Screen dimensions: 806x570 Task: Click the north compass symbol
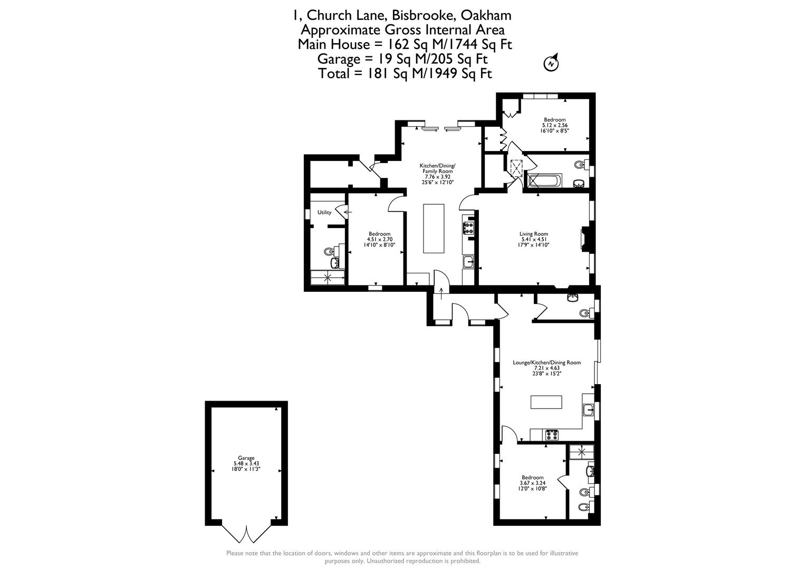(x=551, y=63)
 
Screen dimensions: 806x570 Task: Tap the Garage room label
(x=246, y=458)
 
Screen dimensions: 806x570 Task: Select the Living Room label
(x=534, y=234)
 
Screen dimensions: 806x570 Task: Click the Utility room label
(x=324, y=213)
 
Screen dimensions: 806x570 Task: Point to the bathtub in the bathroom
(x=544, y=180)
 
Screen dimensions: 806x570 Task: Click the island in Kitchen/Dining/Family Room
(x=434, y=229)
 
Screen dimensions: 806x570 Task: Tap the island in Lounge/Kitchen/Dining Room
(x=546, y=402)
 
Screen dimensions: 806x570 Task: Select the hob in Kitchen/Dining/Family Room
(x=468, y=229)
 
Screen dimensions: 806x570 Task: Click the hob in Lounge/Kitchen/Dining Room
(x=552, y=435)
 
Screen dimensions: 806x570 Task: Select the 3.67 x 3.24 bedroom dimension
(x=533, y=483)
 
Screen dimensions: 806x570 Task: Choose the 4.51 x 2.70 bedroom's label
(x=379, y=234)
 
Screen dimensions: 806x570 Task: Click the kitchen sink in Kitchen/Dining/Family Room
(x=468, y=262)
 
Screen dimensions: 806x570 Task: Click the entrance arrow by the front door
(x=442, y=293)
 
